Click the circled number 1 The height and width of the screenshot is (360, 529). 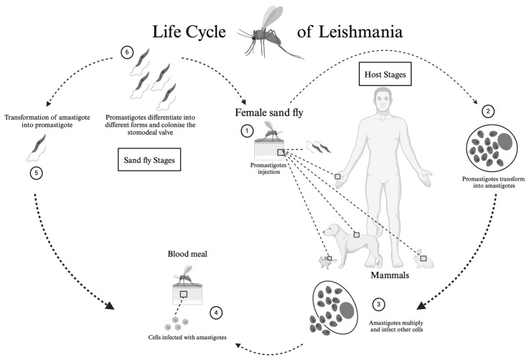coord(247,131)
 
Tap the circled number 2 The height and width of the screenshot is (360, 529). coord(488,111)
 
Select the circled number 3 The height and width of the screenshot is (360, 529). coord(378,305)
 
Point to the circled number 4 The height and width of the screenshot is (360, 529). coord(216,313)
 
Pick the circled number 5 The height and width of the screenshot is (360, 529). coord(36,174)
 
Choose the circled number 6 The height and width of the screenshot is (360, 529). coord(127,52)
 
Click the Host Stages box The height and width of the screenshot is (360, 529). coord(385,74)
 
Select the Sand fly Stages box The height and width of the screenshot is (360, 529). coord(149,159)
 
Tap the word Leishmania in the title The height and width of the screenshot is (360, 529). coord(360,32)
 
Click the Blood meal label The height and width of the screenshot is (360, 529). coord(187,254)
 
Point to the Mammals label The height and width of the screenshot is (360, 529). coord(390,275)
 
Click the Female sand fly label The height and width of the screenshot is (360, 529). coord(269,113)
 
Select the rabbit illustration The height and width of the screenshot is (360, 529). coord(423,259)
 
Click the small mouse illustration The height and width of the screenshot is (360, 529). coord(326,262)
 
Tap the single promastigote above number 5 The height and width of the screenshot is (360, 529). coord(37,148)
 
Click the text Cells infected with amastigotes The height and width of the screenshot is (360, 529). coord(187,337)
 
